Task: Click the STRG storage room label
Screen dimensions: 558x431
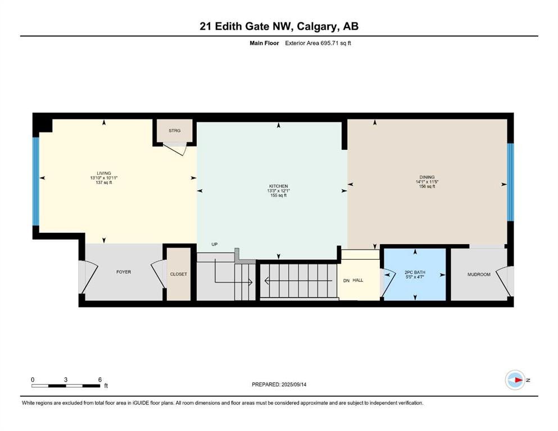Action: tap(174, 131)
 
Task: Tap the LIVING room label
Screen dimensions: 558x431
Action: tap(104, 173)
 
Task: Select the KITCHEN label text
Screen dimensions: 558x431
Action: tap(278, 186)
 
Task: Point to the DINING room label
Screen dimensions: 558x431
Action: tap(427, 177)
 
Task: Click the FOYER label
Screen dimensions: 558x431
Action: tap(124, 272)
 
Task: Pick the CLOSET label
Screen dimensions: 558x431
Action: tap(178, 274)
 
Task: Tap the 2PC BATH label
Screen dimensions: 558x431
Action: tap(415, 272)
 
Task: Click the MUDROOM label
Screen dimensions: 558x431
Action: tap(479, 274)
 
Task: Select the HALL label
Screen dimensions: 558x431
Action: tap(357, 280)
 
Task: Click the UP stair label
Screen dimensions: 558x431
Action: tap(214, 244)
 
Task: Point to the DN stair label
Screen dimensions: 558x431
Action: tap(346, 281)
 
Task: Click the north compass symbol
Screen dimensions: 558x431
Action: tap(515, 380)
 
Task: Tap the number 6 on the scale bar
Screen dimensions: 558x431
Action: tap(100, 379)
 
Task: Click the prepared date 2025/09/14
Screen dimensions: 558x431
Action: tap(293, 384)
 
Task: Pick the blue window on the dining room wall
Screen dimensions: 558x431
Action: tap(510, 182)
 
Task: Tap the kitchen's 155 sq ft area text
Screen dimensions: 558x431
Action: tap(278, 195)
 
